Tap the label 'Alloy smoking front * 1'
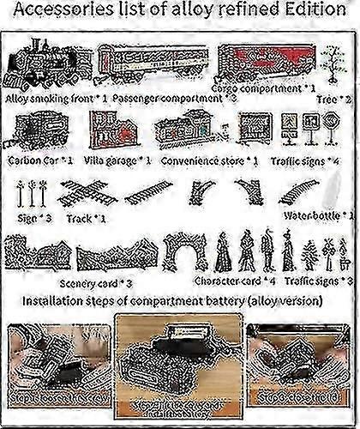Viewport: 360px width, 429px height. tap(57, 98)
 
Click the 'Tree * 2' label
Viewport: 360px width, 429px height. tap(333, 99)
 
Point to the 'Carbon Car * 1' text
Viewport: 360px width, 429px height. tap(40, 160)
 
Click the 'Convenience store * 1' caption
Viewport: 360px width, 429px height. tap(205, 160)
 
